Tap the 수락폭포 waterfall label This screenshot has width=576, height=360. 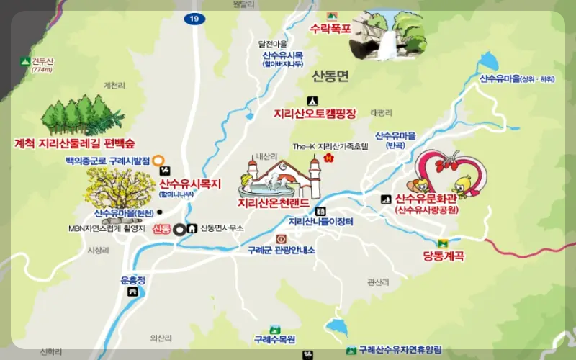[330, 30]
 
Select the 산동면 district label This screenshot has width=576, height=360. [330, 75]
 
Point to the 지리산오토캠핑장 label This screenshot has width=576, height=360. [315, 114]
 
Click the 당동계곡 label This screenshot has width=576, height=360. [443, 256]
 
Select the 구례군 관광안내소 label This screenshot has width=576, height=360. [281, 251]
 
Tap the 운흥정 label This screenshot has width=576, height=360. [133, 280]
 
